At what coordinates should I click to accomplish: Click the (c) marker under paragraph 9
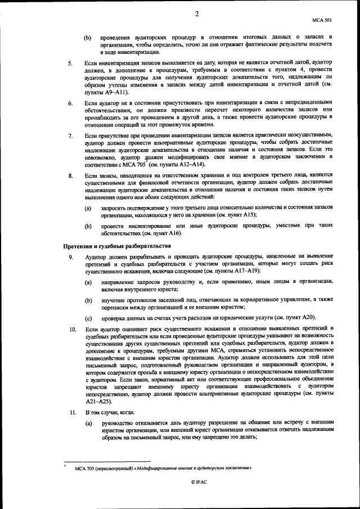(x=88, y=318)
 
